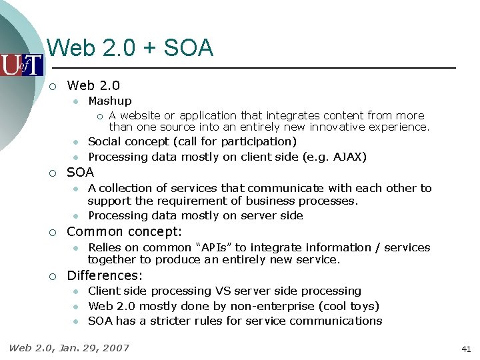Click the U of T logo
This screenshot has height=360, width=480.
pos(21,65)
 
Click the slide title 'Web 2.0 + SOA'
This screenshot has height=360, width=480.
pos(131,48)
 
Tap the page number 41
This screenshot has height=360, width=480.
pos(466,349)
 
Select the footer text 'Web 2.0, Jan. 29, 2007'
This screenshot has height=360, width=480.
pos(69,347)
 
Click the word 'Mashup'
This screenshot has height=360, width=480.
pos(110,101)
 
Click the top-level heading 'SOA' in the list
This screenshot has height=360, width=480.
pos(81,172)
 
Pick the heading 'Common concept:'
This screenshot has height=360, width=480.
pos(125,231)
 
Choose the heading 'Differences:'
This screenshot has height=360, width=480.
pos(105,275)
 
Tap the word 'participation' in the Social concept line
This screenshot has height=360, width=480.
pos(257,141)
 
